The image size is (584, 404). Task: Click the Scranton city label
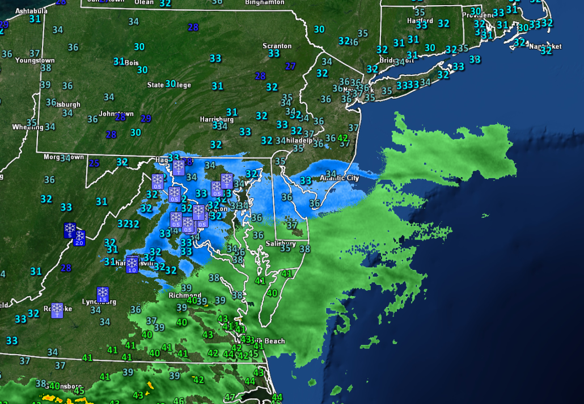(x=277, y=46)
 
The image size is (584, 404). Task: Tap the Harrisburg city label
(x=217, y=119)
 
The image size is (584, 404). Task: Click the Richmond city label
(x=185, y=295)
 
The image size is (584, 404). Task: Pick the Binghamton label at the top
(x=264, y=2)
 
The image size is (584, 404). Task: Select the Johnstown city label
(x=116, y=113)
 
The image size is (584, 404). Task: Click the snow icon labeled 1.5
(x=103, y=294)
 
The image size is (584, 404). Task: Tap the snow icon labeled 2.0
(x=79, y=238)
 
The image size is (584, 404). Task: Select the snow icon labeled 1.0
(x=132, y=264)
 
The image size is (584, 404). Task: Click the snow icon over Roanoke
(x=57, y=310)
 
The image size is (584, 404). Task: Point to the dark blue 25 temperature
(x=94, y=164)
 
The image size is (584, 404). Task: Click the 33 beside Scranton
(x=274, y=53)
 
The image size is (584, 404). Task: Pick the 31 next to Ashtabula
(x=35, y=19)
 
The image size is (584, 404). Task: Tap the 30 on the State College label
(x=170, y=84)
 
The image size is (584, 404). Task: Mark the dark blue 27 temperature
(x=290, y=66)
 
